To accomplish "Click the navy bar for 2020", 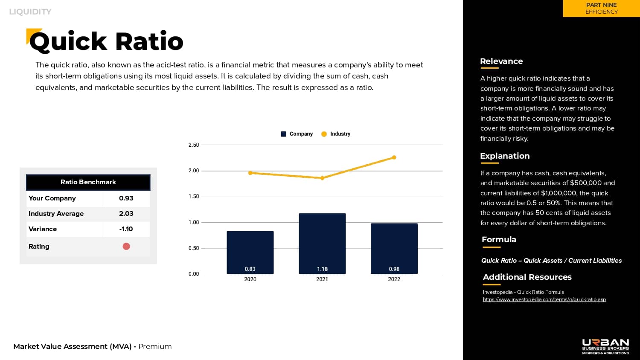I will (250, 252).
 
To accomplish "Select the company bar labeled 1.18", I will (322, 243).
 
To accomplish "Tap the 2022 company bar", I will (394, 248).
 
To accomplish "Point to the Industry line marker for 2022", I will (394, 157).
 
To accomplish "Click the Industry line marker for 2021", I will (322, 178).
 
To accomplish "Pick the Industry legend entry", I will (336, 134).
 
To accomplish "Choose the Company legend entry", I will (297, 134).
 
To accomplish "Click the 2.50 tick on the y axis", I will (194, 145).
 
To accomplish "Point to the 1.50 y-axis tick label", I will (194, 197).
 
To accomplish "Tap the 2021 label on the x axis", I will (322, 279).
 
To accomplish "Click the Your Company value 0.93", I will (126, 198).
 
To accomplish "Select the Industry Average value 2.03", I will (126, 214).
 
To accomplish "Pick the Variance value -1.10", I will (126, 229).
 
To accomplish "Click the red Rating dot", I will (126, 247).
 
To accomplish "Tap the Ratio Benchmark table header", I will (88, 182).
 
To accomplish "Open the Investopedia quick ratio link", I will (544, 299).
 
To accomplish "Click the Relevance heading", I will (501, 61).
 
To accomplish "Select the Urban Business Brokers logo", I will (605, 346).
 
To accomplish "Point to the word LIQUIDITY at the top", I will (30, 12).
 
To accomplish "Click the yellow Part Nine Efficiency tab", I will (601, 9).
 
